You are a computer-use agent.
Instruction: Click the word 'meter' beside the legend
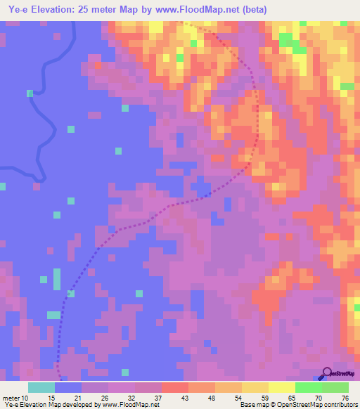pyautogui.click(x=10, y=398)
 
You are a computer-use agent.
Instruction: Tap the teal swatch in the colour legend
pyautogui.click(x=41, y=387)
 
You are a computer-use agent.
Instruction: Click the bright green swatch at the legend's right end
pyautogui.click(x=335, y=387)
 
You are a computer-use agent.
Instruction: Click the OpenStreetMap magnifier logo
pyautogui.click(x=326, y=373)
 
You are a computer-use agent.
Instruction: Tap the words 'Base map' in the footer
pyautogui.click(x=252, y=405)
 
